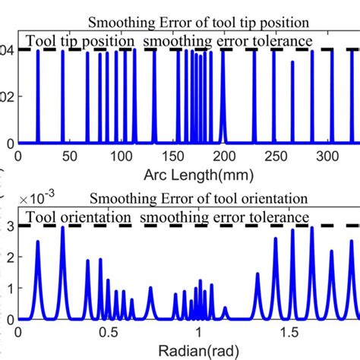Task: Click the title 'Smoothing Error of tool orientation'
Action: pos(199,199)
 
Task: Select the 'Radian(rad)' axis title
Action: pos(199,352)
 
